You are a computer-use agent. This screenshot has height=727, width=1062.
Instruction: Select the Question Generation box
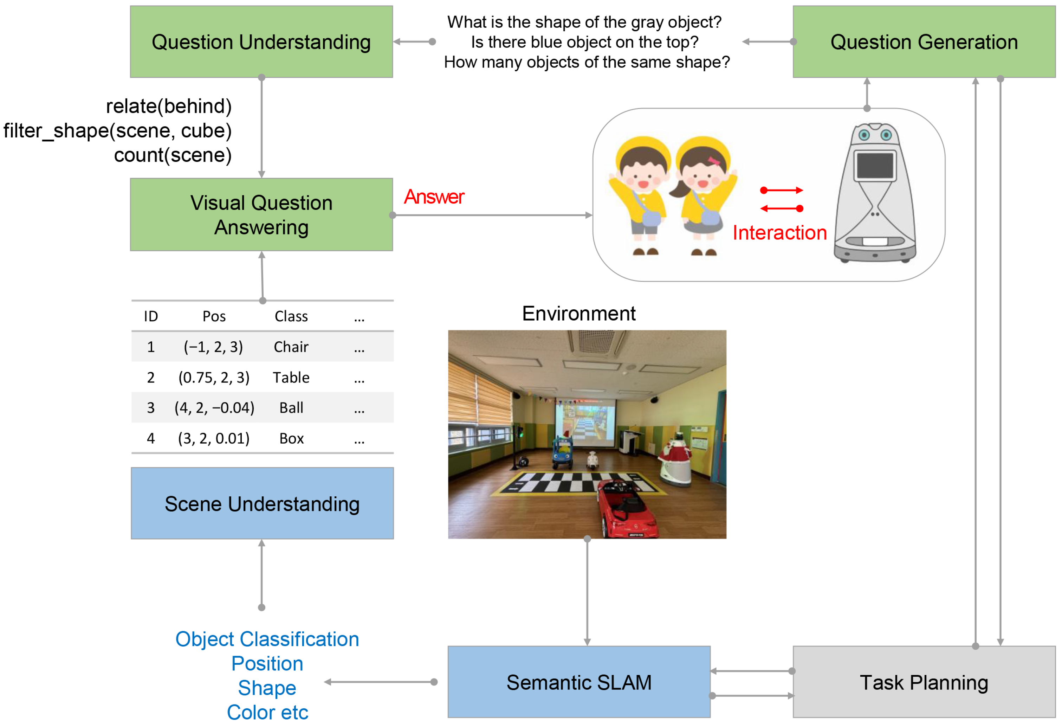[924, 41]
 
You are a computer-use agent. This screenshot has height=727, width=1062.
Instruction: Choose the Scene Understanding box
[262, 503]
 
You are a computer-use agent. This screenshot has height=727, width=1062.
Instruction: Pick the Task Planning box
[924, 682]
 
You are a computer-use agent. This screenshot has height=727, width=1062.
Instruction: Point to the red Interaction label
[779, 233]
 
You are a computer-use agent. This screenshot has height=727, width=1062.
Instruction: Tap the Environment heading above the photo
[578, 314]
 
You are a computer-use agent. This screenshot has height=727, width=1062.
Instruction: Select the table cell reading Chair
[291, 347]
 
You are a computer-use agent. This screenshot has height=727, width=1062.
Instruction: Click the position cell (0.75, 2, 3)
[214, 378]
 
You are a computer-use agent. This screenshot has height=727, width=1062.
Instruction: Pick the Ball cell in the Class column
[291, 408]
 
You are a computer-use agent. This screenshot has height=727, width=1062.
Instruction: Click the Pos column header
[214, 316]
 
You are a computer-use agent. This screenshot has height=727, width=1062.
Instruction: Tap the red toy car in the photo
[628, 508]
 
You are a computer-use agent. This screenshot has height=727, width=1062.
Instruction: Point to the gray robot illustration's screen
[875, 166]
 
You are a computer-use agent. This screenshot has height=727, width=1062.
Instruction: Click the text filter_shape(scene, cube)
[117, 131]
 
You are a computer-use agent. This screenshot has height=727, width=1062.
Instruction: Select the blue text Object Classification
[267, 639]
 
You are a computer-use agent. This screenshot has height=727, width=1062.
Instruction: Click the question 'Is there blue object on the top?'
[584, 42]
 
